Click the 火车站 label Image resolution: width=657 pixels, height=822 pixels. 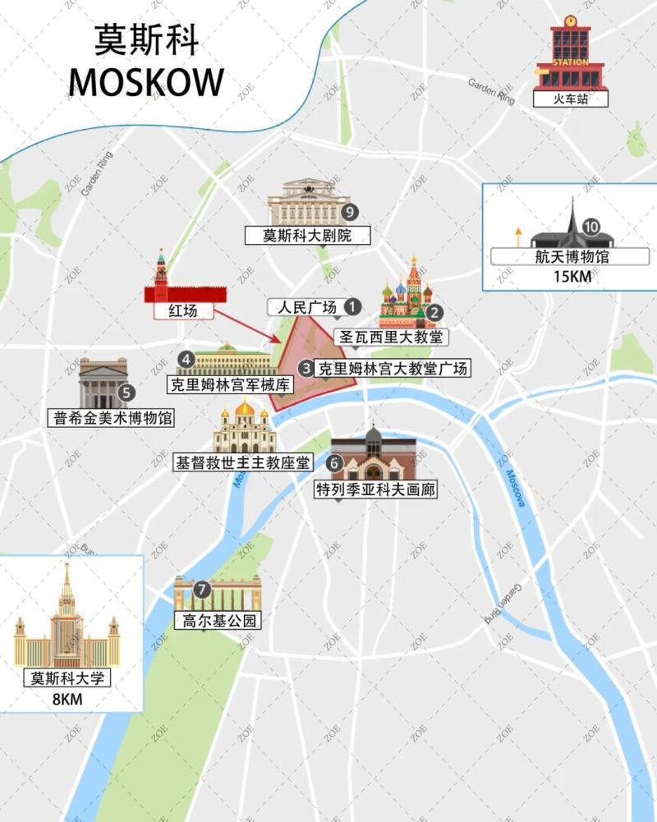tap(571, 99)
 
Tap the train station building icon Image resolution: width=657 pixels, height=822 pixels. tap(570, 55)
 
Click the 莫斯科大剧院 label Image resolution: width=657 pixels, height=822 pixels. tap(307, 236)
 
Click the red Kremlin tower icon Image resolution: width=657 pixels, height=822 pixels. tap(161, 276)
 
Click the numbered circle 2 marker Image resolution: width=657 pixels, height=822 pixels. tap(434, 312)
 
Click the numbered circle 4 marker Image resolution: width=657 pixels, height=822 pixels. tap(187, 359)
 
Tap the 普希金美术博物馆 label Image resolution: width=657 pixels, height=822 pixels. tap(113, 418)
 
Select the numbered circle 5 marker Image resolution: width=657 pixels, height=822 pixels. tap(126, 393)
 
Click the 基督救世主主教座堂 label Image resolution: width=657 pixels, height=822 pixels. tap(242, 462)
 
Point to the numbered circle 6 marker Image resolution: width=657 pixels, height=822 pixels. tap(333, 463)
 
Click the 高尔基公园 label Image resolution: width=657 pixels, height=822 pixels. tap(218, 621)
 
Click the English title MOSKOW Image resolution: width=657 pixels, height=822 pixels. tap(146, 82)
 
